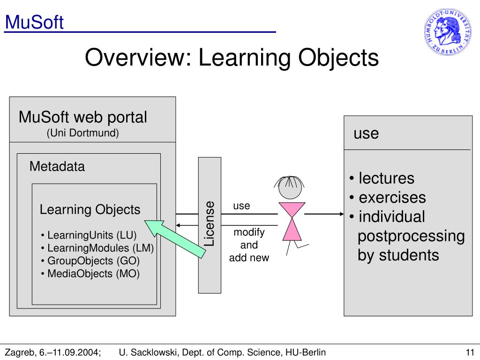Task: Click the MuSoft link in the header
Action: click(x=34, y=22)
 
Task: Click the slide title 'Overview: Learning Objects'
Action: click(x=232, y=58)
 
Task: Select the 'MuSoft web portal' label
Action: click(x=83, y=117)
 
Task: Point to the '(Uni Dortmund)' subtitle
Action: click(x=83, y=133)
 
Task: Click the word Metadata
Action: click(x=57, y=166)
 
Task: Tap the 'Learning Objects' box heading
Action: click(x=90, y=210)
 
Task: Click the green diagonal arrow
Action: click(x=175, y=239)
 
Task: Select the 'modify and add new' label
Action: click(x=249, y=245)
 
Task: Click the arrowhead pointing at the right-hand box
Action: click(x=341, y=214)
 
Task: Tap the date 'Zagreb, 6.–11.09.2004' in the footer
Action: click(x=52, y=352)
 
